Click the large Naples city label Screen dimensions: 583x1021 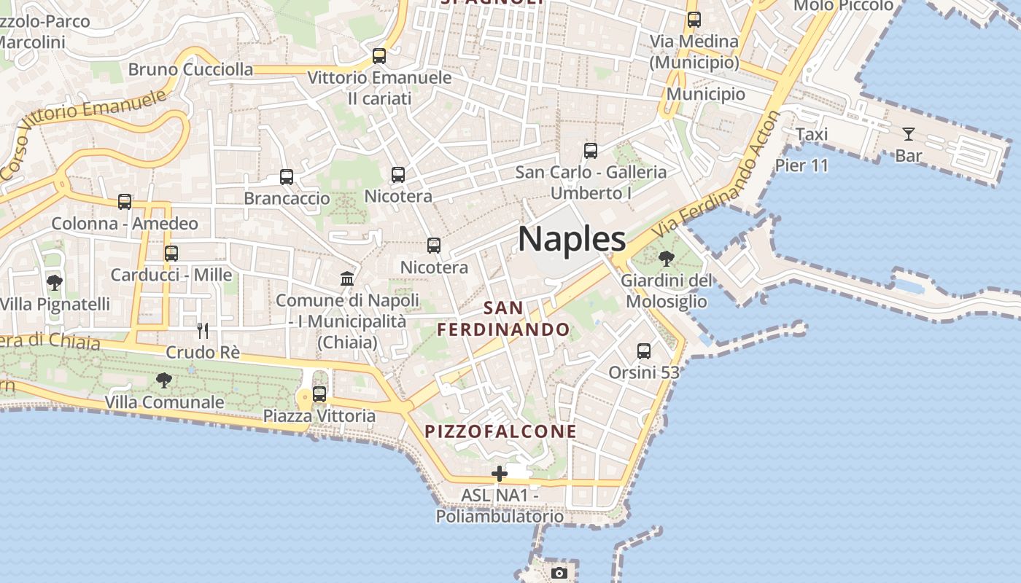[572, 239]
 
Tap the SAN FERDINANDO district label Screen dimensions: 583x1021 [503, 318]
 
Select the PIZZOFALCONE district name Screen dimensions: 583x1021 [500, 431]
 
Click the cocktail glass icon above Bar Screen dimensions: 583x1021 [908, 134]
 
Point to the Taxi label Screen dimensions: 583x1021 [811, 135]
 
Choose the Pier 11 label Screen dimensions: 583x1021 [801, 165]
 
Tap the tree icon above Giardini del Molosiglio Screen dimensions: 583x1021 [666, 258]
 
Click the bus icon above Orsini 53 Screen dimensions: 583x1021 [644, 351]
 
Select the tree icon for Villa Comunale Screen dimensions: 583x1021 [164, 380]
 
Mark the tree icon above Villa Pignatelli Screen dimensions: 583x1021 [54, 282]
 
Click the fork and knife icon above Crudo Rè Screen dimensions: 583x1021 [203, 331]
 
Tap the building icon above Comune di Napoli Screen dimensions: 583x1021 [347, 278]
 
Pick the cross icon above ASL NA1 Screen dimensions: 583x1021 [500, 474]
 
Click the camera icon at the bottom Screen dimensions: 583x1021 [559, 574]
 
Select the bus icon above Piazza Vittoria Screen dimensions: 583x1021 [319, 394]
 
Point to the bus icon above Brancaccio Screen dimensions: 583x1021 [287, 177]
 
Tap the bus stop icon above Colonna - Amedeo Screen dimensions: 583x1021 [125, 202]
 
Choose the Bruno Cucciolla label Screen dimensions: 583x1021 [190, 70]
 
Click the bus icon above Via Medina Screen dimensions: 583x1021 [694, 20]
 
